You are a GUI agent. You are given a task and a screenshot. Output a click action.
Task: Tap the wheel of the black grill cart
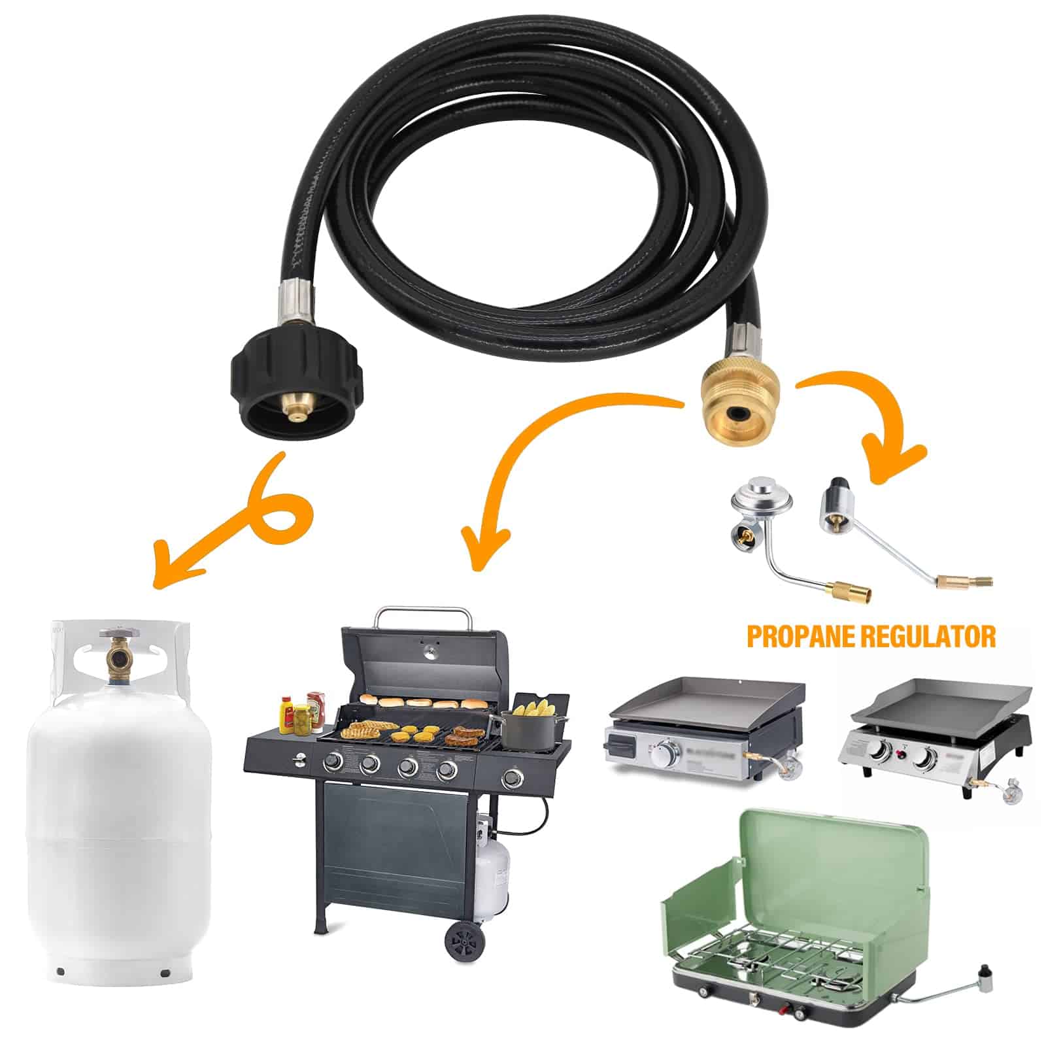tap(465, 940)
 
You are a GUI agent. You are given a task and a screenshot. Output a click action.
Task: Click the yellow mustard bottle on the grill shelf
tap(286, 714)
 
